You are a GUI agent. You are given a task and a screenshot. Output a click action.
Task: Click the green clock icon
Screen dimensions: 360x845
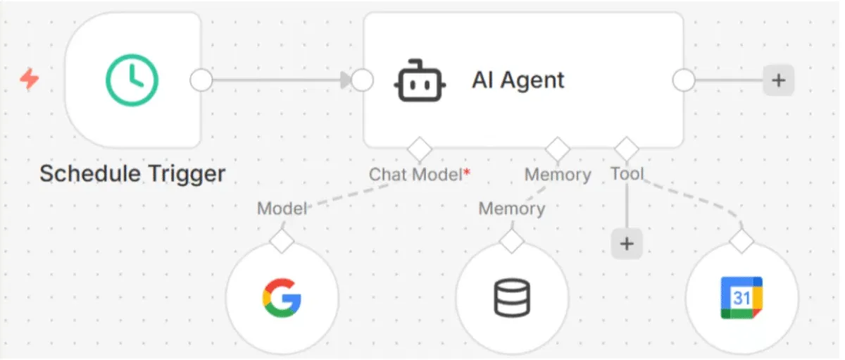click(x=132, y=80)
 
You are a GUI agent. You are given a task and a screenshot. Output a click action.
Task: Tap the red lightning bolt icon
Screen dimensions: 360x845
click(x=30, y=80)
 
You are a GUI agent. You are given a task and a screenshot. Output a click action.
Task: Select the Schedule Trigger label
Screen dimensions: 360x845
click(x=132, y=173)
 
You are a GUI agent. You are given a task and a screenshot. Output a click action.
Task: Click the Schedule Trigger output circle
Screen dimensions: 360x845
click(x=201, y=80)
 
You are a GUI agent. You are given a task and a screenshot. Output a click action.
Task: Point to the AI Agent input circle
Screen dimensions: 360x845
click(x=362, y=80)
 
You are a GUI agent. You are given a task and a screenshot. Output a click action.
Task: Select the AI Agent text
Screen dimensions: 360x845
click(x=518, y=80)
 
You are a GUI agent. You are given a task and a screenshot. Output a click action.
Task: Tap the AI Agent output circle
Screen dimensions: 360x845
click(x=683, y=80)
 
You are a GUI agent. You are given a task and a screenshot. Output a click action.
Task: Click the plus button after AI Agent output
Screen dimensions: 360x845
click(x=778, y=80)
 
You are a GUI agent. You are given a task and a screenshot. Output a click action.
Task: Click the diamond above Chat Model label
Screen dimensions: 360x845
click(x=420, y=149)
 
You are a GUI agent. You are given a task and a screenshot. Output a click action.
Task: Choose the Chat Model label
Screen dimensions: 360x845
click(x=416, y=175)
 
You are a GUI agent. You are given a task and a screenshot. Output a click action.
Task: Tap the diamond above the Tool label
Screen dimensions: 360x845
click(x=626, y=149)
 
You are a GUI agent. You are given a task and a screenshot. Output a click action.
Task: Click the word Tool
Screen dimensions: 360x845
click(x=627, y=173)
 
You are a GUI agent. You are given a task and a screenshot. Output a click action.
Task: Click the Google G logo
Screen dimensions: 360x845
click(x=282, y=299)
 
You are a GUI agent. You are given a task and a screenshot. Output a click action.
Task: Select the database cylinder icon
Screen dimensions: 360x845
click(x=511, y=299)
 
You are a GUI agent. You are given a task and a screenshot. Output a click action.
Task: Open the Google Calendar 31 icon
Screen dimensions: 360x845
click(x=741, y=298)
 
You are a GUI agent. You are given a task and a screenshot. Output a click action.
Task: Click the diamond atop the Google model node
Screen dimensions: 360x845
click(x=282, y=240)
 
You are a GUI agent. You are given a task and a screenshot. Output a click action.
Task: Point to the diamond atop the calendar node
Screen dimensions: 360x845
click(x=741, y=242)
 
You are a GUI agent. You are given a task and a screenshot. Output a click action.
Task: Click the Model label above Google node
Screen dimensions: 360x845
click(x=282, y=209)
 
